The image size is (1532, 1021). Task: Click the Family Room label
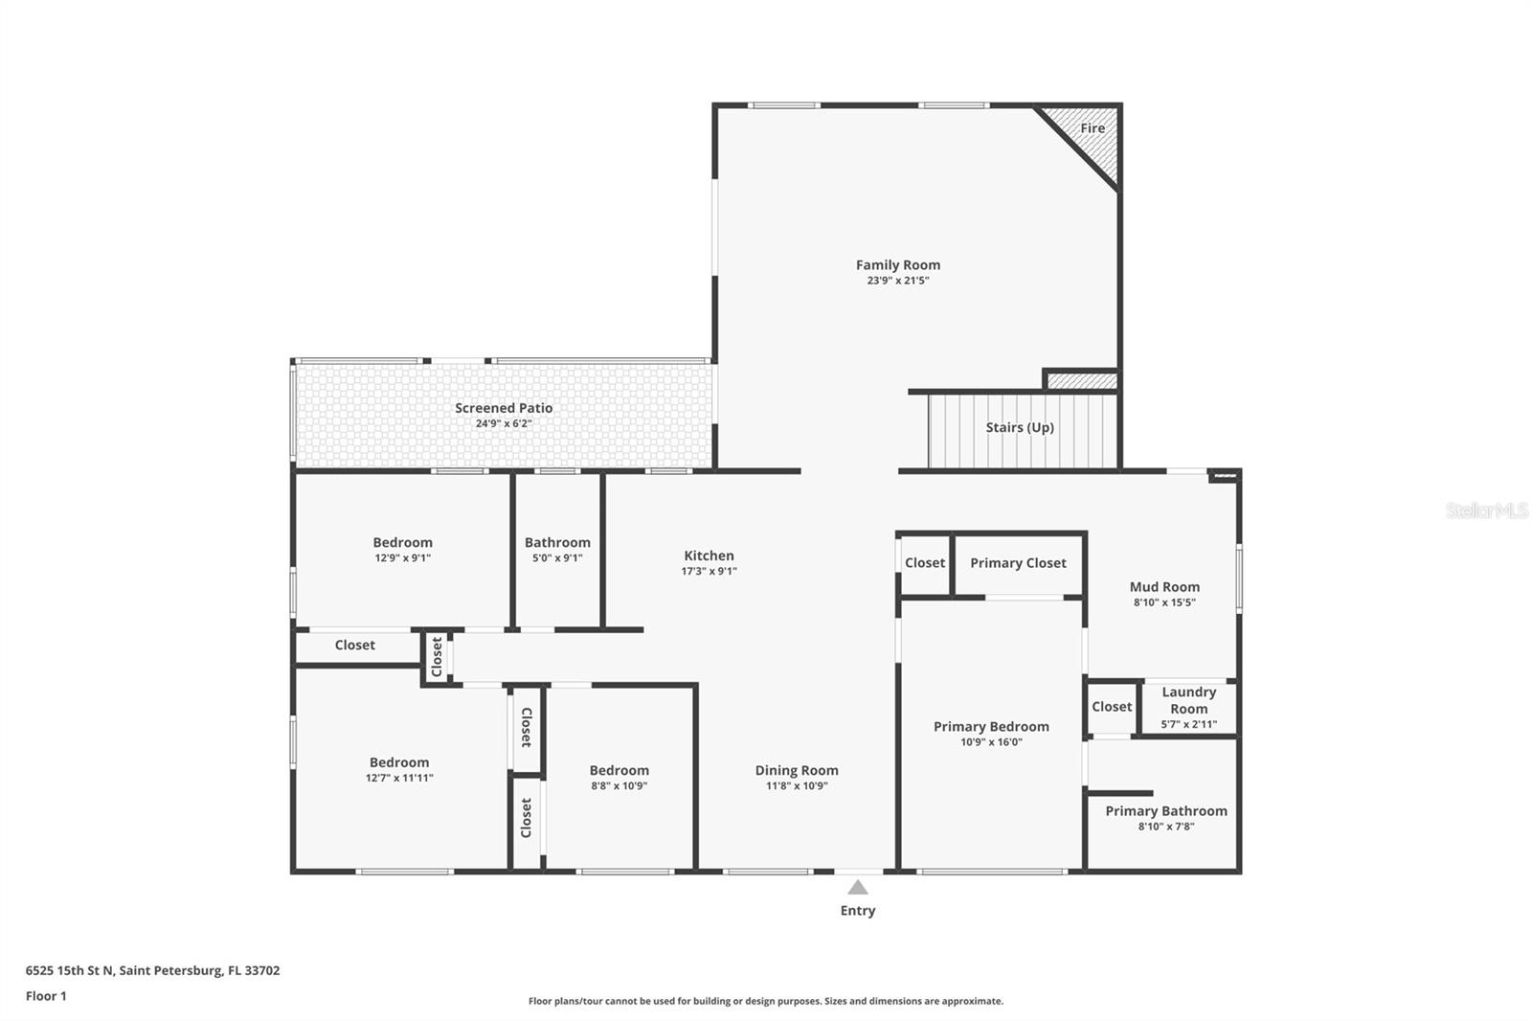pos(897,265)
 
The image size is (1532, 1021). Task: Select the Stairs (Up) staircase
pos(1020,428)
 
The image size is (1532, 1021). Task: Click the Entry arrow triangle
pos(858,888)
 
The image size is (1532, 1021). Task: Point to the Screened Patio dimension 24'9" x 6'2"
pos(504,423)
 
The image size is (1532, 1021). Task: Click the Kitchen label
pos(709,556)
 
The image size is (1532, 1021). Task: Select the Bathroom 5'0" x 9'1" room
pos(557,550)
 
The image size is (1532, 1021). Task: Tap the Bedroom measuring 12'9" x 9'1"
pos(402,549)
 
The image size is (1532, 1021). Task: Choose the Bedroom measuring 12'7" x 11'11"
pos(399,769)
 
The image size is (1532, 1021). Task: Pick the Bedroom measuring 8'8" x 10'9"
pos(619,777)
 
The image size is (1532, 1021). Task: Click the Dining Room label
pos(796,770)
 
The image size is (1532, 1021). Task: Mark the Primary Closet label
pos(1018,563)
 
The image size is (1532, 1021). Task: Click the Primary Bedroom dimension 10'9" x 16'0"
pos(991,742)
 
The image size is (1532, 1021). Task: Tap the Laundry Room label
pos(1188,700)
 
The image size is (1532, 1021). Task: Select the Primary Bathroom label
pos(1165,811)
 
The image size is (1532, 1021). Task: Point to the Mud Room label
pos(1164,587)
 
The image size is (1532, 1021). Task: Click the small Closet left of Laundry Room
pos(1112,707)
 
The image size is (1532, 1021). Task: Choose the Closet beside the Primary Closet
pos(924,563)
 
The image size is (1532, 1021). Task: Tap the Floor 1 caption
pos(46,996)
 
